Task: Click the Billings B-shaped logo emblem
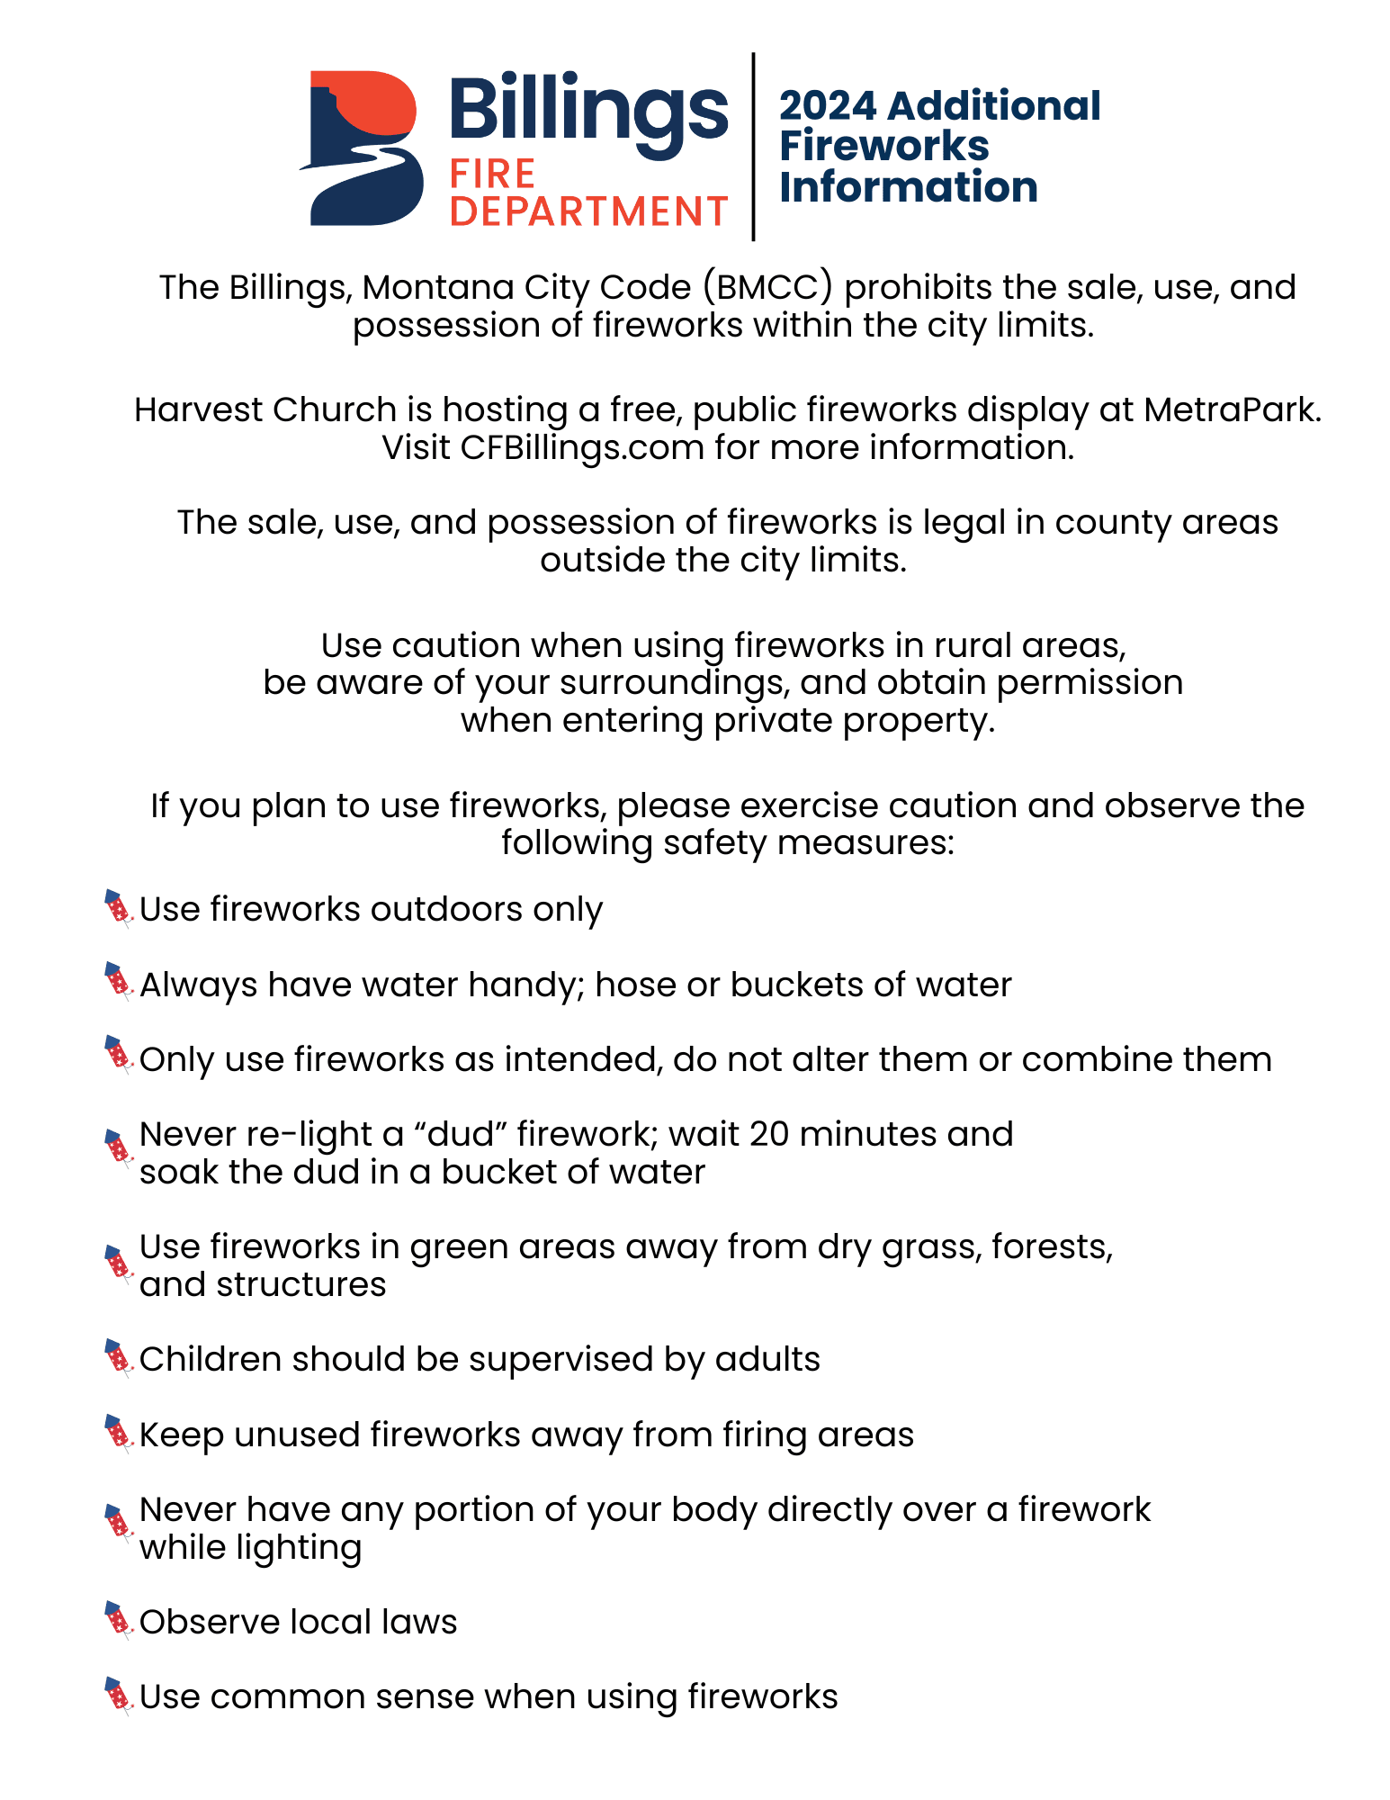click(363, 148)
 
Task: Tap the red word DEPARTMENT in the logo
click(588, 211)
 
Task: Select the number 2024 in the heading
click(827, 106)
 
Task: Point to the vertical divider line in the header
click(753, 147)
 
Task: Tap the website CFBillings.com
click(582, 447)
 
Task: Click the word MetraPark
click(1233, 409)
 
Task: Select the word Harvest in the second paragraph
click(198, 409)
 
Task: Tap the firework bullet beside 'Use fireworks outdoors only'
click(119, 908)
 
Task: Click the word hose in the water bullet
click(634, 985)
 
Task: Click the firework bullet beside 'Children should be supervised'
click(119, 1358)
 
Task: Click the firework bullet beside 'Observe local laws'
click(119, 1621)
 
